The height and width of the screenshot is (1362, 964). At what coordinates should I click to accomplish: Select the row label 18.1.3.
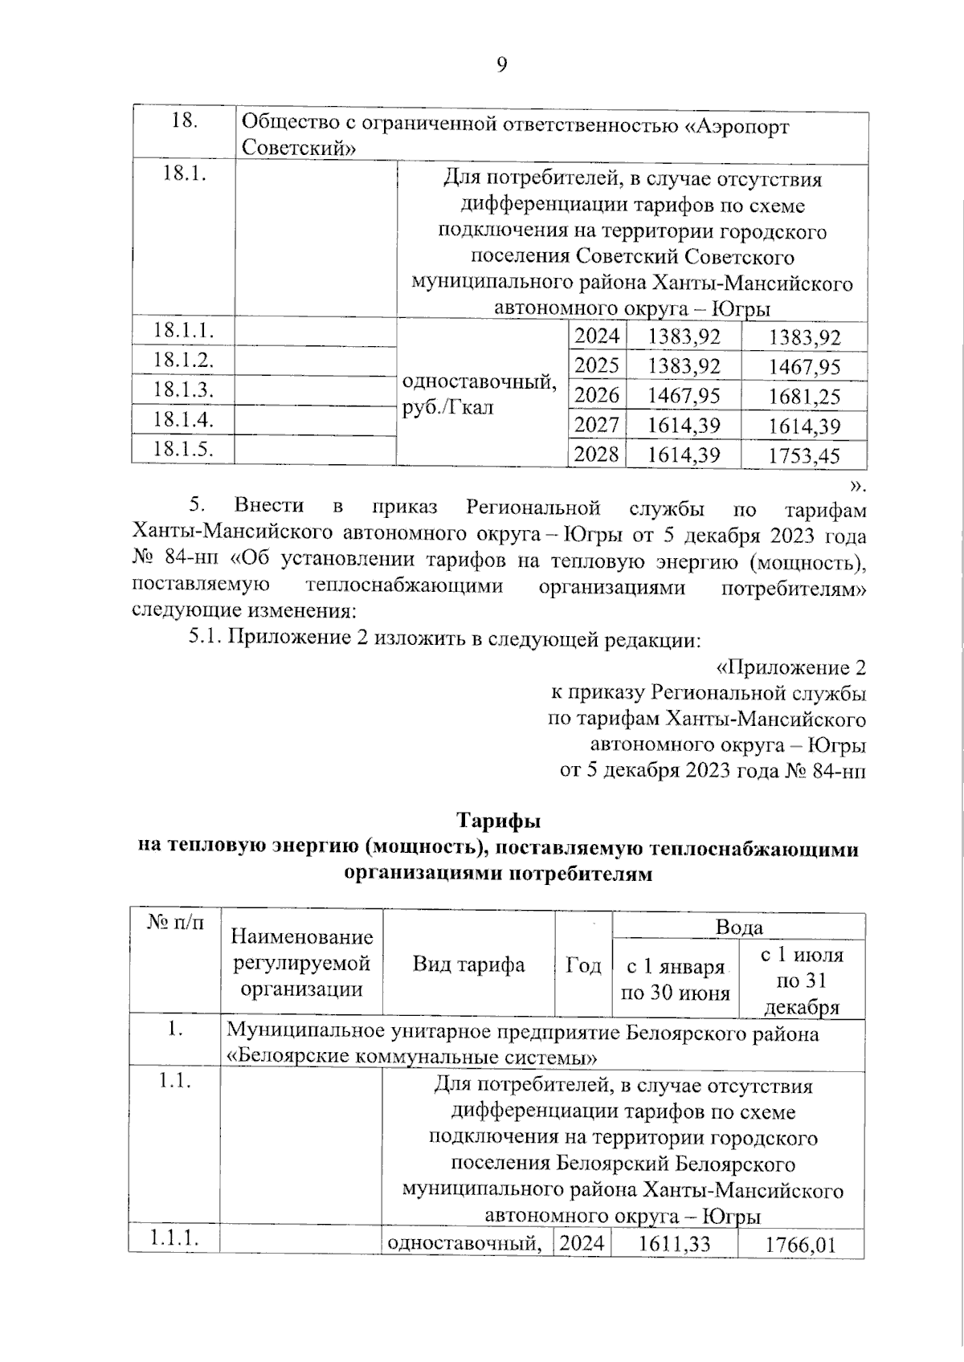[183, 390]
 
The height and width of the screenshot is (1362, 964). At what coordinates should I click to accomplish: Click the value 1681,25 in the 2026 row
[804, 397]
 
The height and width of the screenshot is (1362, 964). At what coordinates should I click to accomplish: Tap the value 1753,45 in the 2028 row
[804, 456]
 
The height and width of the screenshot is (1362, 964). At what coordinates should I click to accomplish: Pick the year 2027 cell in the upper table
[597, 426]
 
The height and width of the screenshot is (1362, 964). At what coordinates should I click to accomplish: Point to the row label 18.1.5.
[183, 449]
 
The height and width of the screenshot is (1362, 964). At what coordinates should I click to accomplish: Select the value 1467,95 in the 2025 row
[804, 368]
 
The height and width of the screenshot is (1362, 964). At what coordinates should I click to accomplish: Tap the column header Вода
[738, 928]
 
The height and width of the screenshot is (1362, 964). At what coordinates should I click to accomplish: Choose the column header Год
[583, 964]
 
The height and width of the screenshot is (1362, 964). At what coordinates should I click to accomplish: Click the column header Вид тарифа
[468, 964]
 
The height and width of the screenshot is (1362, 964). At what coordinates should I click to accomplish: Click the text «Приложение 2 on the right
[790, 668]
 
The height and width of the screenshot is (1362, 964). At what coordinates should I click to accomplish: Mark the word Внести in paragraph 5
[268, 506]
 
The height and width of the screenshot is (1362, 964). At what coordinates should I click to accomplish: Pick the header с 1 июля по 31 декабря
[802, 981]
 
